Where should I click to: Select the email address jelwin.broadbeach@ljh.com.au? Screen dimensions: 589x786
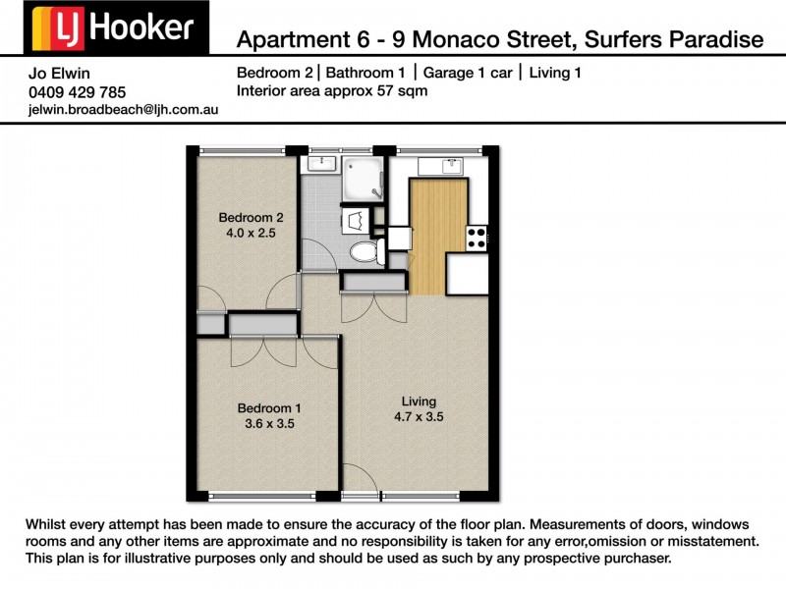[x=124, y=110]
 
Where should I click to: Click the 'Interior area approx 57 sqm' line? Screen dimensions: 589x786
[x=332, y=90]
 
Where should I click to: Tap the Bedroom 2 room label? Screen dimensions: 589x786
[x=251, y=217]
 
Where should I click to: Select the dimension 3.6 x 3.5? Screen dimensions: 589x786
[x=265, y=424]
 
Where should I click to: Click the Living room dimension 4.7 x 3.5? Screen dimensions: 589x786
[x=418, y=416]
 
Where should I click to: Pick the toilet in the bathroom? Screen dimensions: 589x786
[x=365, y=251]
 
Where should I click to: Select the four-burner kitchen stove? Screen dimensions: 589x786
[x=477, y=237]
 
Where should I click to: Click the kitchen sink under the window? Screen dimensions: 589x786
[x=438, y=165]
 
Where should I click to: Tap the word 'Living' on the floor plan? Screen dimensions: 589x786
[x=418, y=401]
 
